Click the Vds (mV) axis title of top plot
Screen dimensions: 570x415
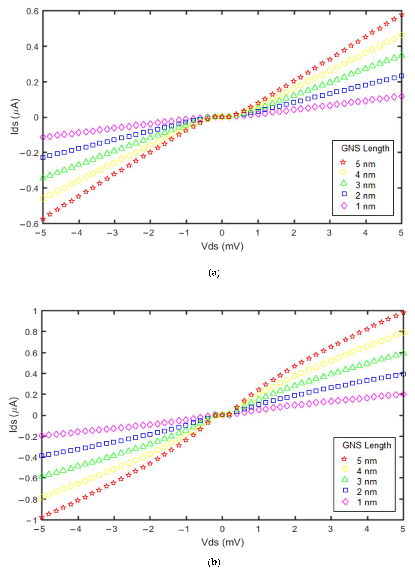[222, 247]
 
